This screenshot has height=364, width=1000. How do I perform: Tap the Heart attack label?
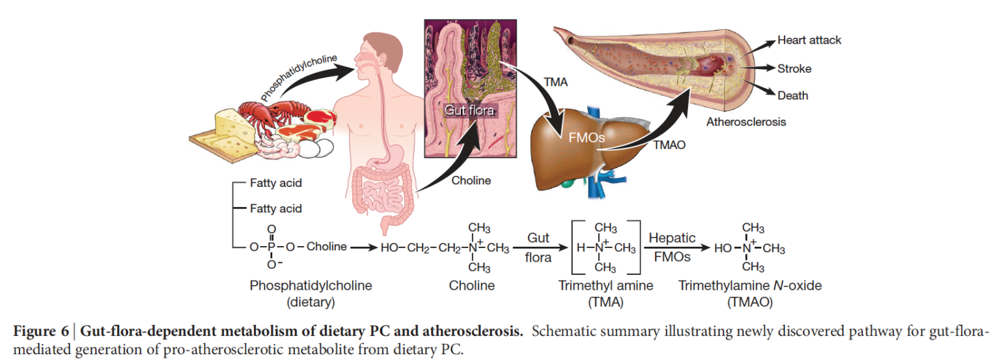pyautogui.click(x=809, y=40)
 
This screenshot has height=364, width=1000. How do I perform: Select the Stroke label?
pyautogui.click(x=794, y=68)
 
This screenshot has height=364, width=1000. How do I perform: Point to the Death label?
pyautogui.click(x=792, y=96)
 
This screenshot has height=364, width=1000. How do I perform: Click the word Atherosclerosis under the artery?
pyautogui.click(x=745, y=122)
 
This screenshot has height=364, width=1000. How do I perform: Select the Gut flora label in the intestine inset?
pyautogui.click(x=469, y=111)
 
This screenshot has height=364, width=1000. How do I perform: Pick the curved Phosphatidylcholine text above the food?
pyautogui.click(x=299, y=77)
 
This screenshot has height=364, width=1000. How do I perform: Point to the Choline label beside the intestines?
pyautogui.click(x=471, y=180)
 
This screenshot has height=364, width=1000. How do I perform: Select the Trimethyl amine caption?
pyautogui.click(x=605, y=285)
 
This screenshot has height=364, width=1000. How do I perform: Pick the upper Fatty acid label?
pyautogui.click(x=276, y=184)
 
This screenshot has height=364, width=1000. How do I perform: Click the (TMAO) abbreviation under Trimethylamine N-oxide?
pyautogui.click(x=749, y=302)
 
